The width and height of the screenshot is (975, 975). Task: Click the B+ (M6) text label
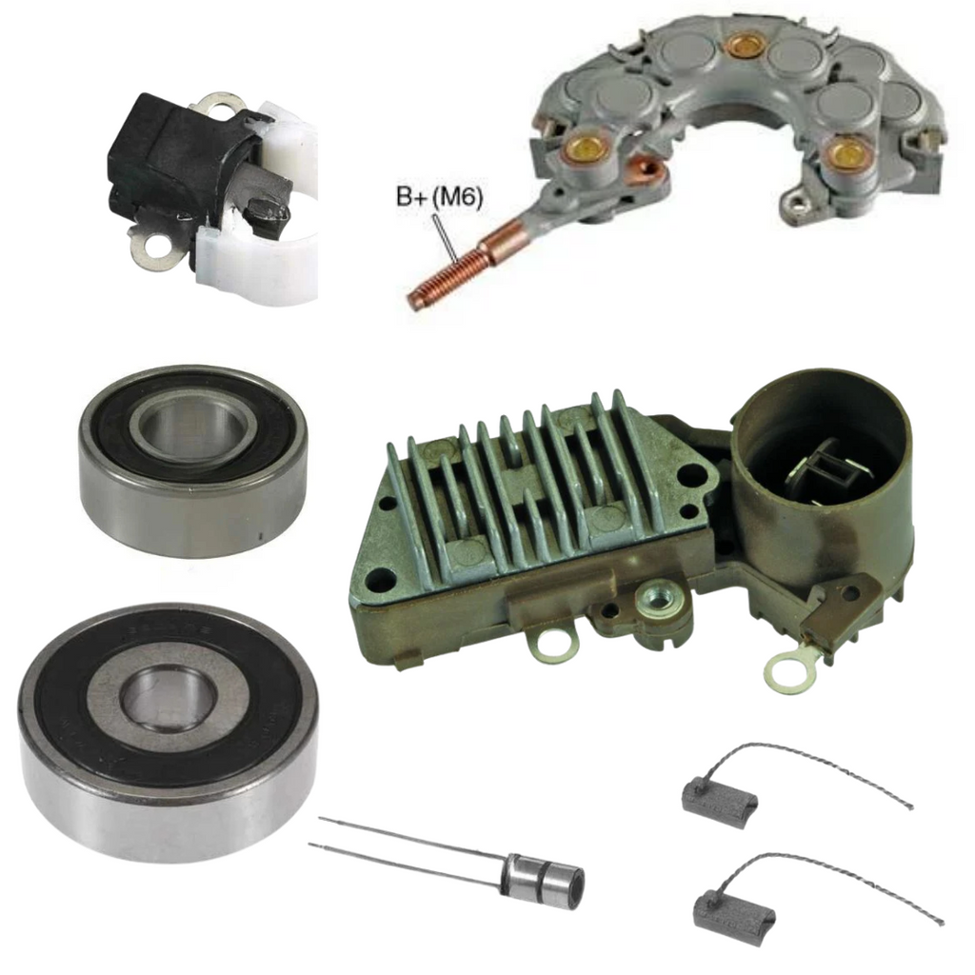coord(440,199)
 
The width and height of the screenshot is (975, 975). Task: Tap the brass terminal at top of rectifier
coord(742,48)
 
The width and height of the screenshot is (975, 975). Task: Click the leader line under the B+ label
coord(446,237)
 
